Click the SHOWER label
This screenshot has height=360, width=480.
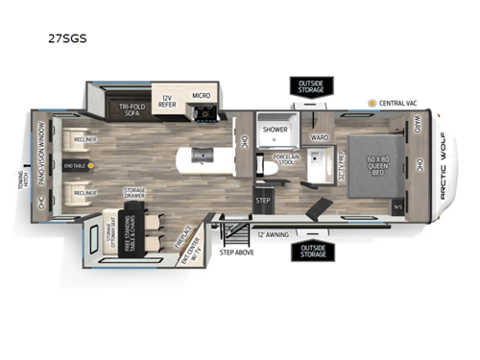[276, 129]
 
